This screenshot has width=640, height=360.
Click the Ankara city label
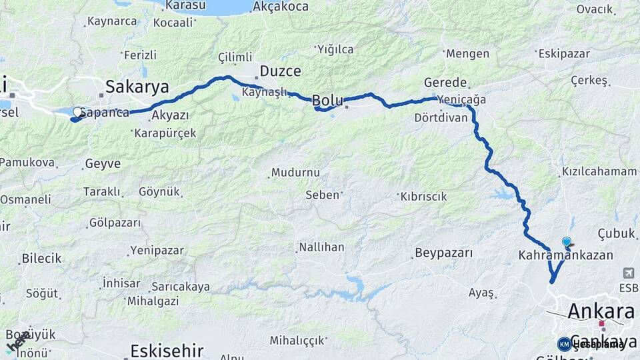tap(601, 311)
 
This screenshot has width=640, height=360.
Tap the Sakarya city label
tap(137, 87)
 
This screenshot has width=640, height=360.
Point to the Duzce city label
tap(280, 71)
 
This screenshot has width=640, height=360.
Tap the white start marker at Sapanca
tap(77, 112)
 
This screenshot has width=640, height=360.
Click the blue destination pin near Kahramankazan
tap(566, 242)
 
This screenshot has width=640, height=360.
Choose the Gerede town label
tap(445, 83)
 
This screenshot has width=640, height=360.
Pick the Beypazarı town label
tap(443, 253)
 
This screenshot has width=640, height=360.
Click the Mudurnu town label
tap(295, 173)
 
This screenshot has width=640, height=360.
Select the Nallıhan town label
tap(322, 247)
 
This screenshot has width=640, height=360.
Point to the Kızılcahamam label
tap(599, 171)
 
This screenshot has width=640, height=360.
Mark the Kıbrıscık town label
tap(423, 197)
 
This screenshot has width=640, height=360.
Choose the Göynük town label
tap(160, 192)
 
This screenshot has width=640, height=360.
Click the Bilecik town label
tap(41, 258)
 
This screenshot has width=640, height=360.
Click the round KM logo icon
tap(564, 344)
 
